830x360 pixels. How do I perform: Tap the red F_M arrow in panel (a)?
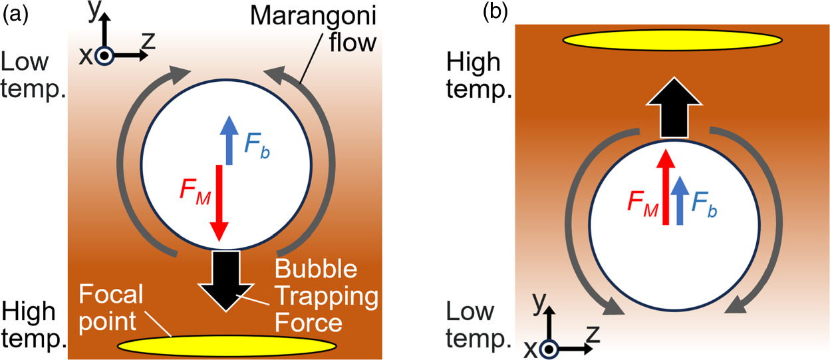coord(219,206)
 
